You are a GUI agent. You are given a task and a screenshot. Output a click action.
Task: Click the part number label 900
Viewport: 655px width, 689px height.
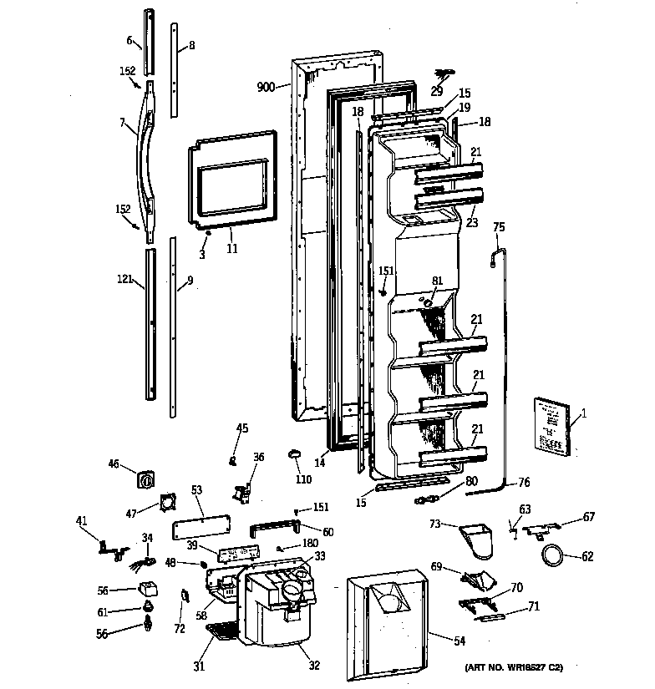(266, 87)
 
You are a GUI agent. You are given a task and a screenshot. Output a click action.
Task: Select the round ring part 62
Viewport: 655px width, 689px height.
(552, 555)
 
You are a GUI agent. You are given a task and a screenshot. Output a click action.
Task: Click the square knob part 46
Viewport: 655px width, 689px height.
(147, 479)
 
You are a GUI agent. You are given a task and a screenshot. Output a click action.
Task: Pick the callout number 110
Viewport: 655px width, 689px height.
(303, 479)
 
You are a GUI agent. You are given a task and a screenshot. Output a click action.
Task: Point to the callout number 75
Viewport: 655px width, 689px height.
(499, 226)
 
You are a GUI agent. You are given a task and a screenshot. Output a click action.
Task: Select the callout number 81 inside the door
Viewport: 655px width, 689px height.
(437, 281)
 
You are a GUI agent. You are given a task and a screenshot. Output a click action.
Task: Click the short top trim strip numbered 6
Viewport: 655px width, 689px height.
(149, 42)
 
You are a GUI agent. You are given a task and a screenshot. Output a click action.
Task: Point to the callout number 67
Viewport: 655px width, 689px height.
(589, 518)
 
